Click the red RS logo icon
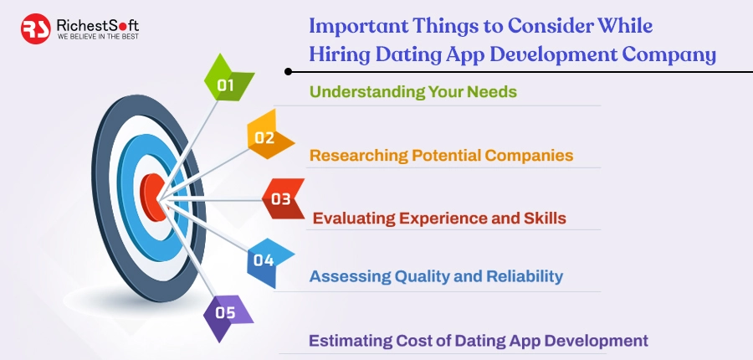point(36,28)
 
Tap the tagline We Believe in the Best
point(97,37)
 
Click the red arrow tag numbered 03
point(282,199)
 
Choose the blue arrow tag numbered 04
point(266,260)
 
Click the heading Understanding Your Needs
point(413,91)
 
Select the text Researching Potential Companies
point(441,155)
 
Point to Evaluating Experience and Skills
point(439,219)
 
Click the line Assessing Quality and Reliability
point(436,276)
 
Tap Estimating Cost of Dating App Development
point(478,341)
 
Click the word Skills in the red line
point(545,219)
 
